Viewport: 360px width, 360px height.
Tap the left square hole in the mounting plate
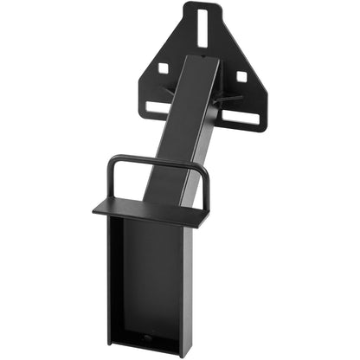(x=163, y=68)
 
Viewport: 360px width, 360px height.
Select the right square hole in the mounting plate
(x=241, y=77)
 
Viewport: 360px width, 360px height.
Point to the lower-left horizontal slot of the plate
(x=157, y=108)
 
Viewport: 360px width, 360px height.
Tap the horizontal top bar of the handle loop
(x=157, y=160)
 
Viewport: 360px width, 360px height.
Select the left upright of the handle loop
(x=110, y=182)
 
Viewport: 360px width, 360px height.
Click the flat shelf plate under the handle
(x=147, y=211)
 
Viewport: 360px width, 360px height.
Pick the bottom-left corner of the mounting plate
(x=144, y=109)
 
